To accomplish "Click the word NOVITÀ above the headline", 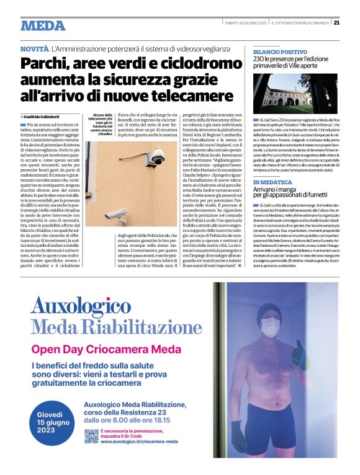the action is pos(35,48).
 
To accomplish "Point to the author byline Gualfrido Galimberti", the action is pos(45,116).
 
